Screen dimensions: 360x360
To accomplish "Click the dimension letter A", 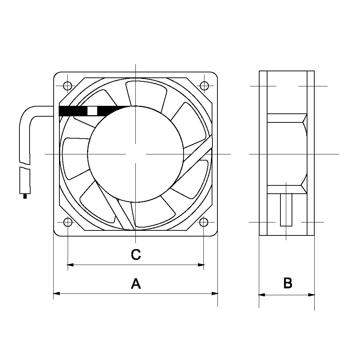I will tap(135, 284).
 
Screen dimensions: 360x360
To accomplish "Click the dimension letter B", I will tap(288, 283).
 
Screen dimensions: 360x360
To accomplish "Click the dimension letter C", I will tap(135, 255).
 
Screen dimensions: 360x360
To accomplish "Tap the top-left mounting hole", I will tap(67, 86).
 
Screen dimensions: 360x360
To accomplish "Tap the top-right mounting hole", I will tap(204, 86).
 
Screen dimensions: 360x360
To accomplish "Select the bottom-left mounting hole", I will tap(67, 222).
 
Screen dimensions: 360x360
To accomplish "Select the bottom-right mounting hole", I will tap(204, 222).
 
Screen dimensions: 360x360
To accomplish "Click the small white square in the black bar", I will tap(92, 111).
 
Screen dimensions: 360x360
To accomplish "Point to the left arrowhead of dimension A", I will tap(56, 294).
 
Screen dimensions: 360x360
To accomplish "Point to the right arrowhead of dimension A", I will tap(215, 294).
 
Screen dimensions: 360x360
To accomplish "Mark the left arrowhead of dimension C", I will tap(71, 265).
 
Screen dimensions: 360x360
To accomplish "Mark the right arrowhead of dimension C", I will tap(201, 265).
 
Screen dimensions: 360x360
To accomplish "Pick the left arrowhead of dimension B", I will tap(262, 295).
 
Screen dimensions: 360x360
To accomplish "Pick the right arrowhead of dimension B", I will tap(312, 295).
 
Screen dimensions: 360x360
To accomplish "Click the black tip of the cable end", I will tap(25, 196).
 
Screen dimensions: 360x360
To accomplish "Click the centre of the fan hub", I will tap(135, 154).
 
